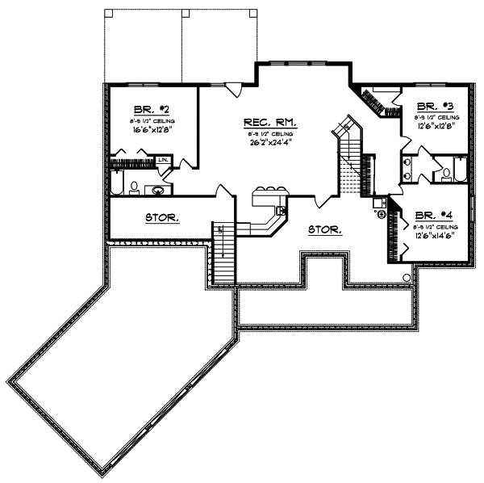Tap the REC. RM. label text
(x=271, y=123)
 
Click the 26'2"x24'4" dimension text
(x=271, y=143)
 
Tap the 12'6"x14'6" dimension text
(x=436, y=237)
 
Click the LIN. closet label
(x=162, y=160)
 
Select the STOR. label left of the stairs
(x=161, y=217)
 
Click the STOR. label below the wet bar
(x=325, y=229)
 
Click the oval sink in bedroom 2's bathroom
(x=158, y=191)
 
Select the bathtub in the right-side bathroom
(x=460, y=170)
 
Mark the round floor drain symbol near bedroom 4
(x=407, y=278)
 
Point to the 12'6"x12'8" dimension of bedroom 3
(x=436, y=126)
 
